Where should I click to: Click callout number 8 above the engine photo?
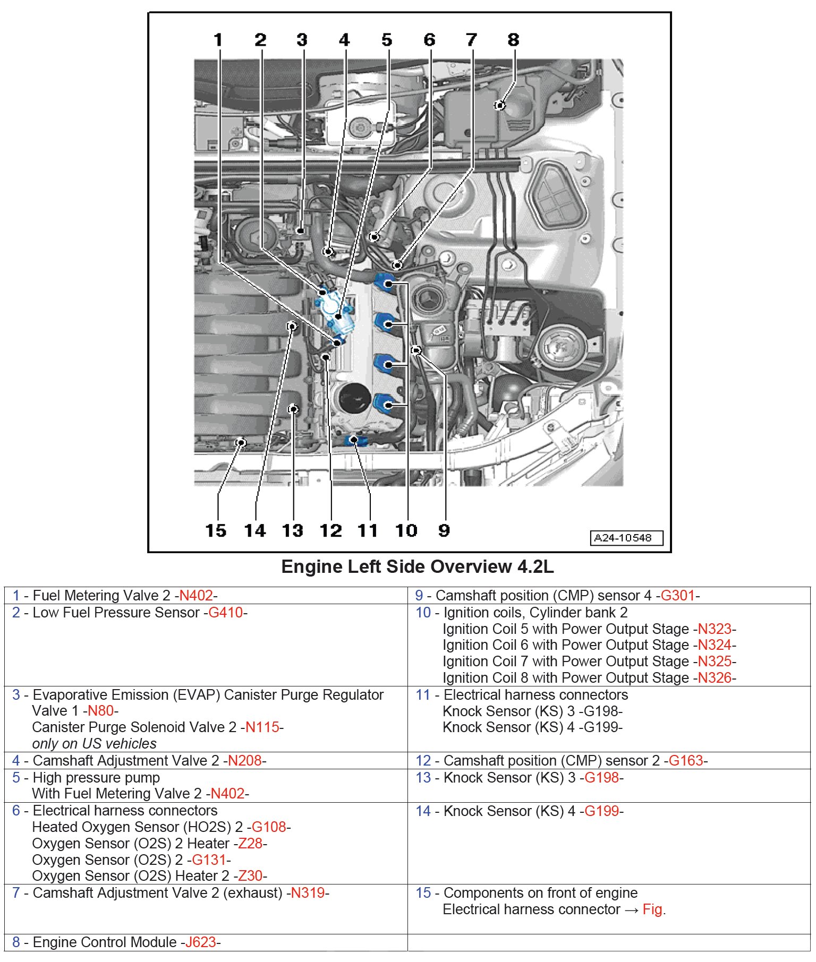(x=513, y=40)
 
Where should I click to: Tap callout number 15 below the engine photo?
(x=216, y=530)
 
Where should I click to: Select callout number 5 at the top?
(x=387, y=40)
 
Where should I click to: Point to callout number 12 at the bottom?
(x=330, y=530)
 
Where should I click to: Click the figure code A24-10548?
(x=626, y=538)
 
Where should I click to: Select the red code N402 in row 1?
(x=196, y=596)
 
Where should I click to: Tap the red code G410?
(x=225, y=613)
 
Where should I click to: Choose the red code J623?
(x=200, y=942)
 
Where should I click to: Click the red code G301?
(x=677, y=596)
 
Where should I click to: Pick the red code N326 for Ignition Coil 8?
(x=715, y=678)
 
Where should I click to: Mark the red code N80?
(x=100, y=711)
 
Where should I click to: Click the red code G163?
(x=685, y=761)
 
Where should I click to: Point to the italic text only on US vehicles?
(x=95, y=744)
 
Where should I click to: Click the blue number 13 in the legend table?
(x=423, y=778)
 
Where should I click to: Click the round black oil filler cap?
(x=354, y=399)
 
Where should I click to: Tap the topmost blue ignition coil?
(x=386, y=282)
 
